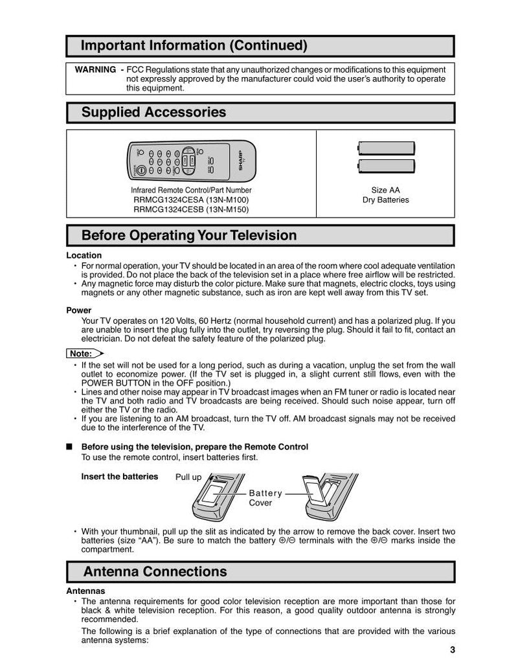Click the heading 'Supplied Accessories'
(x=153, y=112)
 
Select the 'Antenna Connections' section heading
(x=155, y=571)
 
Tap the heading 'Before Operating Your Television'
(x=188, y=235)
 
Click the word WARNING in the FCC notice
(x=95, y=70)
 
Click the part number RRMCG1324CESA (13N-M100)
(x=191, y=200)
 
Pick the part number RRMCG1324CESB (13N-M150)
(x=191, y=209)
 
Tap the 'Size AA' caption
(x=385, y=190)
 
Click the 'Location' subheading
(x=84, y=255)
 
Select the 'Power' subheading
(x=79, y=310)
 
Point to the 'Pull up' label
(x=188, y=477)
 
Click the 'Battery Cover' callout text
(x=265, y=497)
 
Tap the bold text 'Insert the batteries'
(x=120, y=477)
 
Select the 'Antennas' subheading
(x=85, y=591)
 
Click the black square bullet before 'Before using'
(x=70, y=447)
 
